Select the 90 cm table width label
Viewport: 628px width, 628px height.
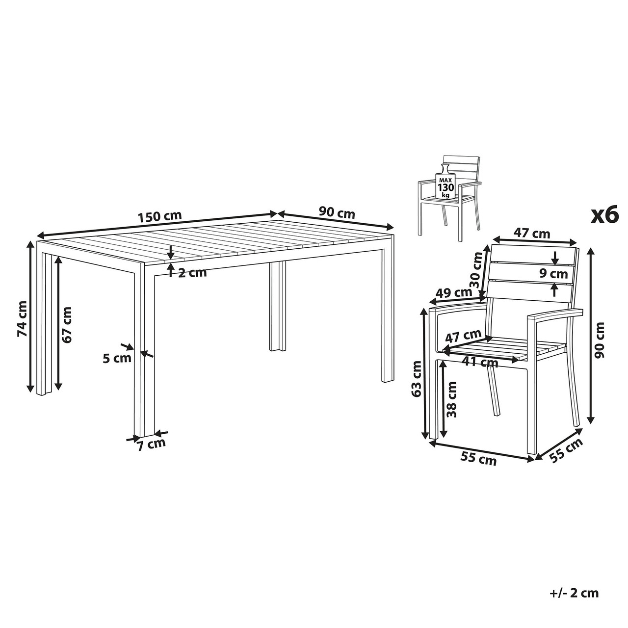click(x=337, y=213)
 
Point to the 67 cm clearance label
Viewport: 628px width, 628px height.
click(x=67, y=324)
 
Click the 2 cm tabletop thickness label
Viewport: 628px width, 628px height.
click(x=192, y=272)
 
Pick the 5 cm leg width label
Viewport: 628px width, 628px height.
click(x=117, y=358)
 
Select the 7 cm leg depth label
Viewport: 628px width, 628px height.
click(x=151, y=444)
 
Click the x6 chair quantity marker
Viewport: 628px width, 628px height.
click(x=604, y=215)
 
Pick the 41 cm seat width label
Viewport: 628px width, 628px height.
click(x=480, y=362)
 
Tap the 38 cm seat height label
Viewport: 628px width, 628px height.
click(x=451, y=399)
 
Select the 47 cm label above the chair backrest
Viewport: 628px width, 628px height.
click(x=531, y=234)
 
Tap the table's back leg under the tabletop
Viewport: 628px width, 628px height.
click(x=277, y=306)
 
